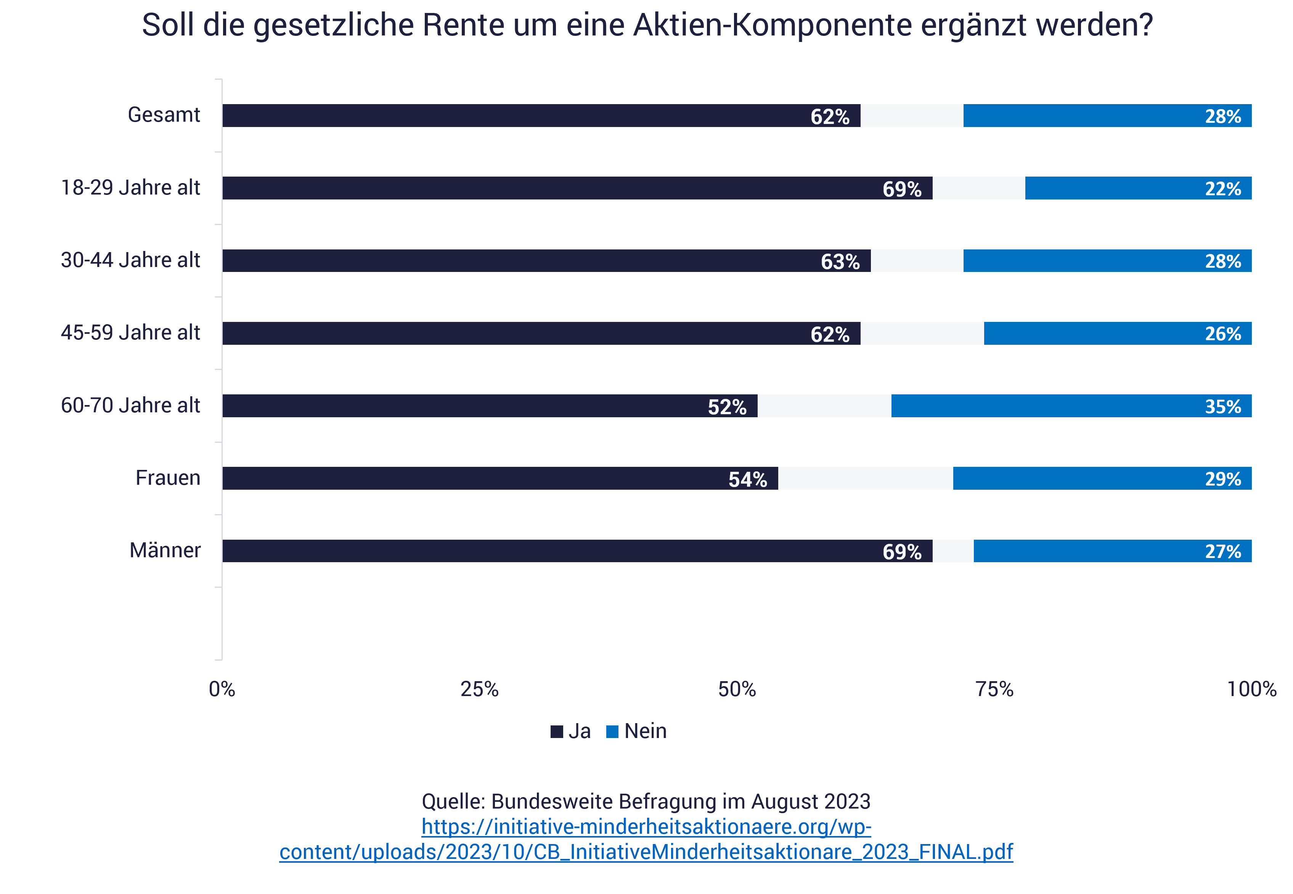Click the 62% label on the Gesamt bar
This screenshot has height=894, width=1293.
tap(829, 116)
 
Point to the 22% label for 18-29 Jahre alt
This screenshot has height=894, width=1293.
tap(1222, 189)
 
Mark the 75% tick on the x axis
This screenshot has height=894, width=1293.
tap(994, 689)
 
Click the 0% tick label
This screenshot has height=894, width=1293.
tap(222, 689)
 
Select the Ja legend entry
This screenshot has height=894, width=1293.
tap(571, 731)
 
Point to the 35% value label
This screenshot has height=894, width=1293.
tap(1222, 407)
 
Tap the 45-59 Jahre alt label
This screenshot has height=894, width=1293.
tap(130, 333)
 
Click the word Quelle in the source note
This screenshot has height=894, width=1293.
tap(453, 802)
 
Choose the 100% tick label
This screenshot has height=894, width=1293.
tap(1251, 689)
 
